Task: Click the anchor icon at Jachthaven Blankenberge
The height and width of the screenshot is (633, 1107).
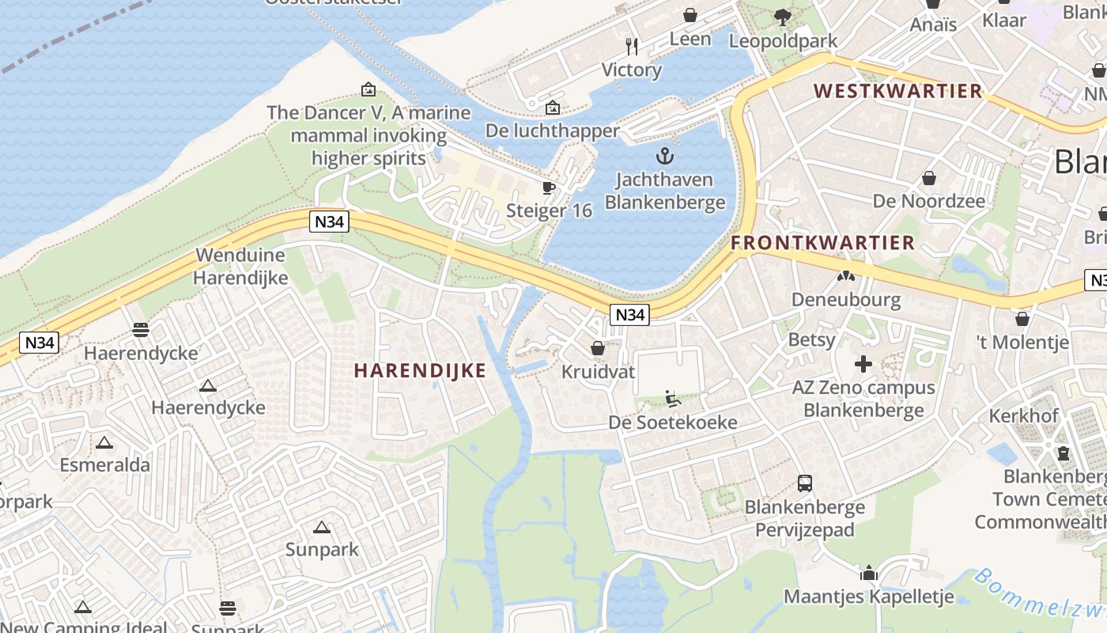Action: tap(665, 155)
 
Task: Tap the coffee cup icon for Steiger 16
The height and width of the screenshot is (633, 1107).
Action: tap(548, 188)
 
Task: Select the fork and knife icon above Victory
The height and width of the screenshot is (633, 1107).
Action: tap(631, 46)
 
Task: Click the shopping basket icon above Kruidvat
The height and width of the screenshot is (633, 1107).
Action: tap(598, 348)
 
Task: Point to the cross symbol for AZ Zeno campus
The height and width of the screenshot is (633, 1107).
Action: tap(863, 364)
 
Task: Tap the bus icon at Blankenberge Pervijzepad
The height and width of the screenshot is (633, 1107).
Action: tap(805, 483)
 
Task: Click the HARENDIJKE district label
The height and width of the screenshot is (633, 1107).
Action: tap(419, 370)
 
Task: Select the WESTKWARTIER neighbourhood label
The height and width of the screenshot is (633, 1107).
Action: tap(898, 91)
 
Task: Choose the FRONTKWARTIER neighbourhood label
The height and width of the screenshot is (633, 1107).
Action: tap(822, 243)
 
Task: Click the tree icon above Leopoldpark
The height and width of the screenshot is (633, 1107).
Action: tap(782, 17)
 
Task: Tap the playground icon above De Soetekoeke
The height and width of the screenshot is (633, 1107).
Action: tap(673, 398)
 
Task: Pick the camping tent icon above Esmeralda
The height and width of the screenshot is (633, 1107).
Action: tap(104, 442)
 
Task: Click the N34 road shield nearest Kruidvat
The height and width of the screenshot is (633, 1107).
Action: tap(629, 315)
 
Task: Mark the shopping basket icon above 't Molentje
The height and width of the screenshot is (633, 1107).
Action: tap(1022, 318)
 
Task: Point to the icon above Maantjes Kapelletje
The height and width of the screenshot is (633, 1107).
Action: tap(869, 573)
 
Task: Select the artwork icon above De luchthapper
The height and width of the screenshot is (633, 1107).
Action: tap(553, 107)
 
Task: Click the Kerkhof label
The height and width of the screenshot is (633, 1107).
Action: tap(1023, 416)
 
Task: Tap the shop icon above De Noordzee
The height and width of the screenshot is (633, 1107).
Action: tap(929, 178)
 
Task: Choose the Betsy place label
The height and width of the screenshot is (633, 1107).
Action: tap(811, 339)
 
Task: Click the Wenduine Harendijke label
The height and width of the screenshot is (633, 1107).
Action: tap(240, 267)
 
